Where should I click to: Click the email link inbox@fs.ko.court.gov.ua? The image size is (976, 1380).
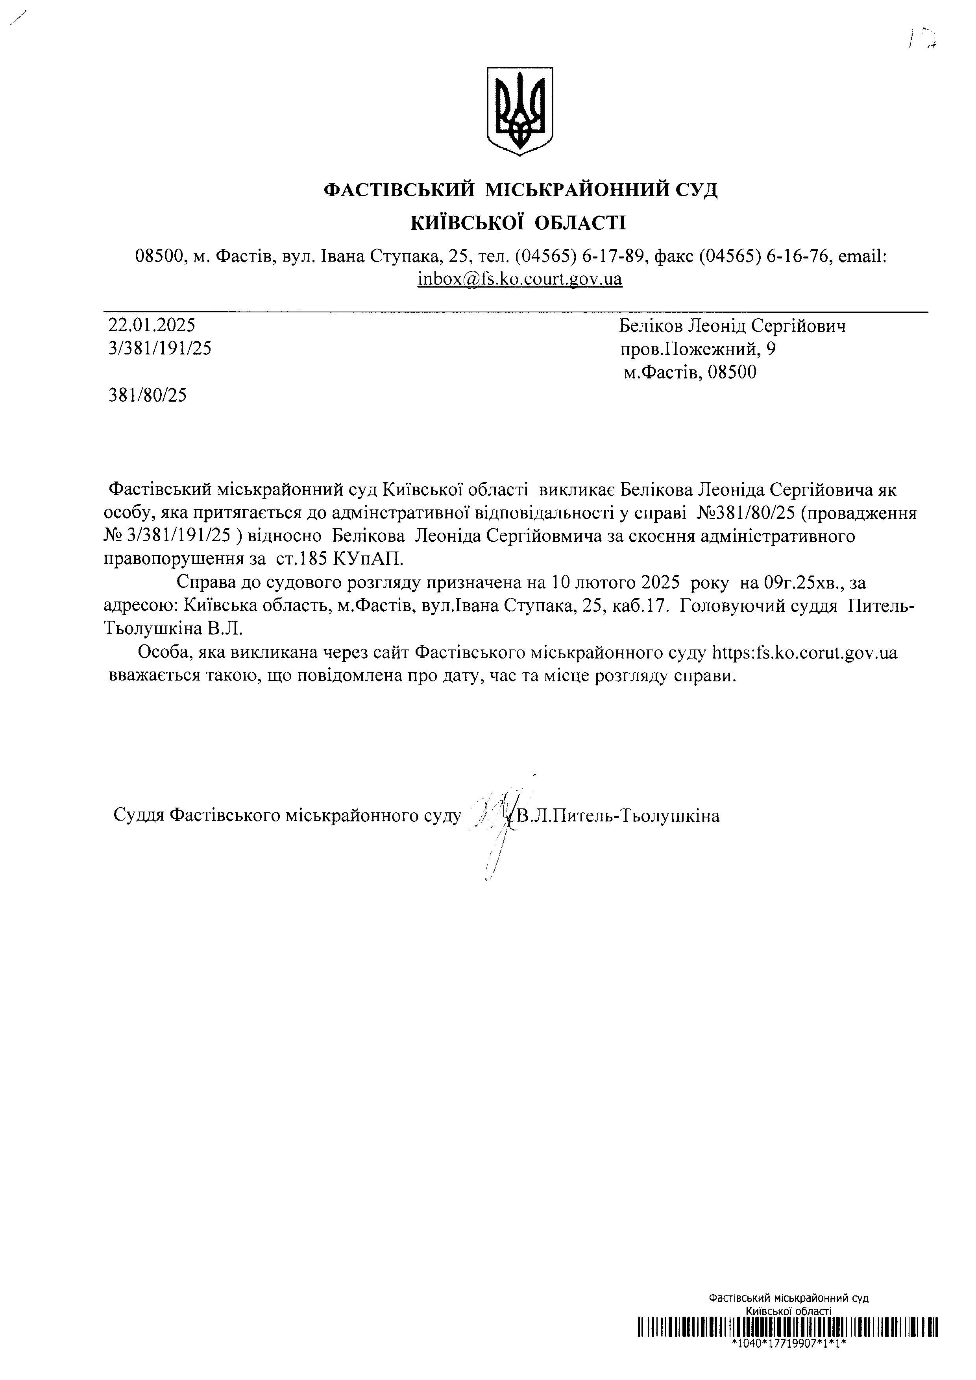click(x=519, y=279)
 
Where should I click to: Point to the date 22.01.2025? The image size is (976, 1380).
click(x=152, y=325)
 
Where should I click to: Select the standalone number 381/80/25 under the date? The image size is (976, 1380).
click(x=147, y=395)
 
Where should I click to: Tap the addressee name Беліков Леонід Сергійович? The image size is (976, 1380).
click(x=732, y=327)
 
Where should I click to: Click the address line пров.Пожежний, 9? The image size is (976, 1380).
click(x=698, y=349)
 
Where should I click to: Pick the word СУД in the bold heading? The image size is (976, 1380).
click(x=695, y=190)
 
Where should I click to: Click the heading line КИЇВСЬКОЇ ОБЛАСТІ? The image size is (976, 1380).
click(x=518, y=223)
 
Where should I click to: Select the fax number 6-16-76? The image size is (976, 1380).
click(x=800, y=256)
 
